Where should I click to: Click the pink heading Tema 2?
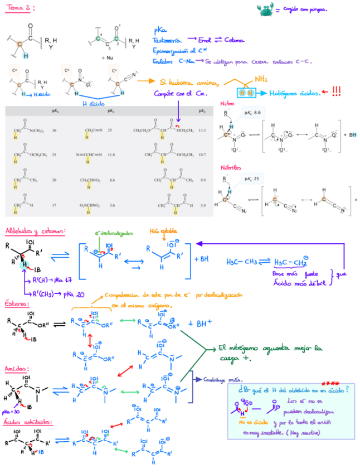tap(20, 8)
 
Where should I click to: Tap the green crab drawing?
tap(265, 9)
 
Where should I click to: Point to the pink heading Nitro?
tap(227, 104)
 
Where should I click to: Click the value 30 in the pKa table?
tap(54, 130)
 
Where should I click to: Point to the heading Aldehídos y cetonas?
tap(34, 230)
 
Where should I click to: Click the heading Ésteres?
tap(17, 303)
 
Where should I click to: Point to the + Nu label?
tap(107, 57)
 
